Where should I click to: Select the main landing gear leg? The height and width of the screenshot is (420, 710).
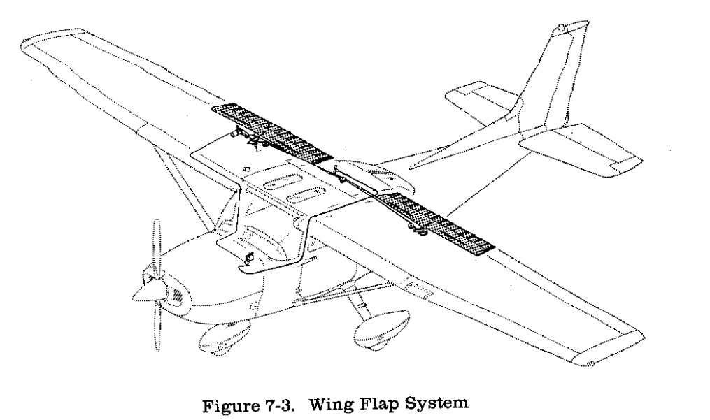(359, 302)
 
